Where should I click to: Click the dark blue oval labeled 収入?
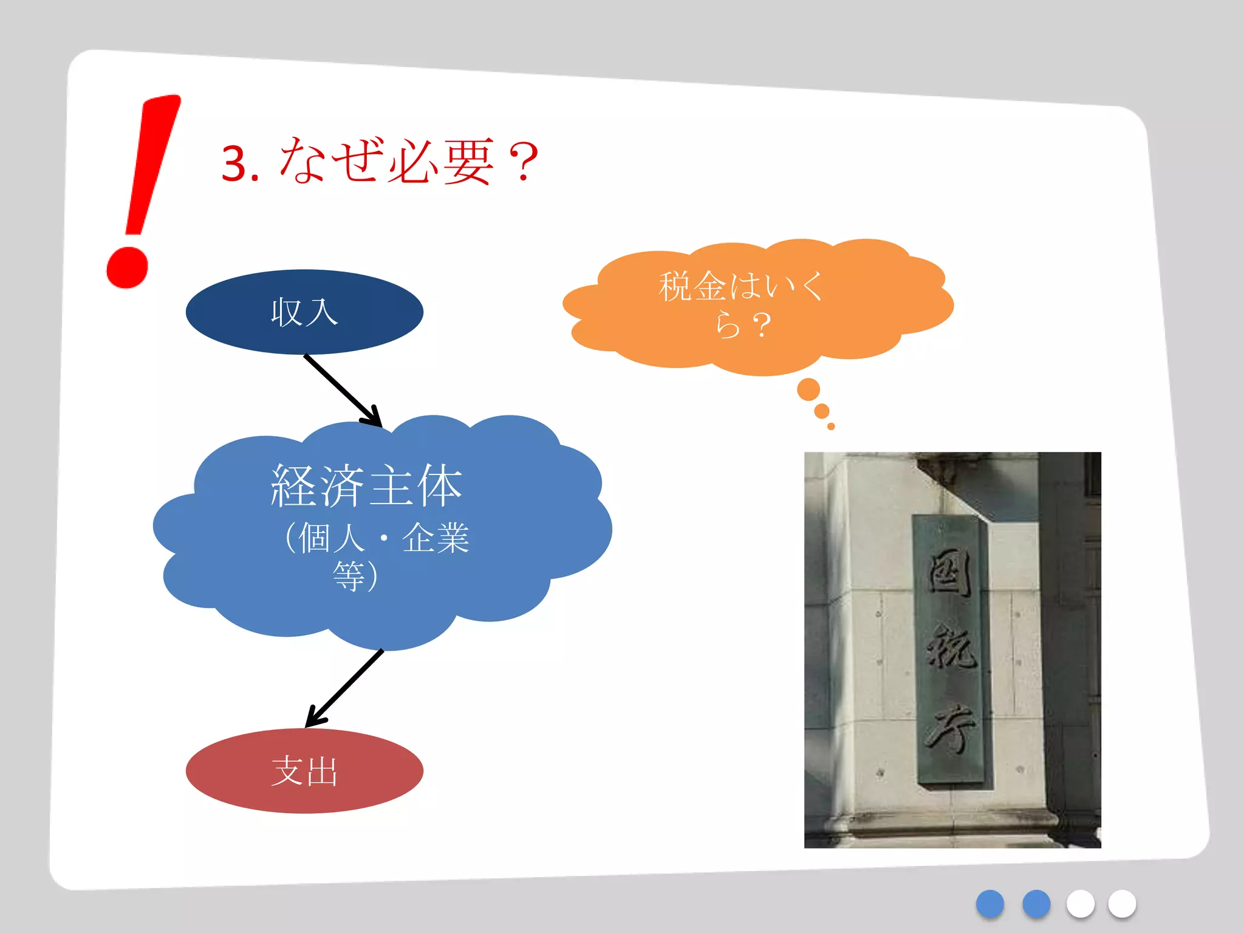pyautogui.click(x=304, y=312)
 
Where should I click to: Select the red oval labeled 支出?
pyautogui.click(x=304, y=771)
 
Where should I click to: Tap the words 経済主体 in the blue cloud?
pyautogui.click(x=366, y=485)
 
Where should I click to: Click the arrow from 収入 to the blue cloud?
pyautogui.click(x=343, y=391)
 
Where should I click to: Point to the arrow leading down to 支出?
pyautogui.click(x=344, y=688)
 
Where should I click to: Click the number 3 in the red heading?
pyautogui.click(x=234, y=164)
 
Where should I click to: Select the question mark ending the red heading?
pyautogui.click(x=523, y=162)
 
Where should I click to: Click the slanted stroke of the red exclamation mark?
pyautogui.click(x=152, y=164)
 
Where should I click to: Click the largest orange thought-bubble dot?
pyautogui.click(x=808, y=389)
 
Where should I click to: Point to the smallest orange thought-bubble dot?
pyautogui.click(x=831, y=426)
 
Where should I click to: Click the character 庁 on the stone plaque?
pyautogui.click(x=951, y=729)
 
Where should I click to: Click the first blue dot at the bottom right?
pyautogui.click(x=989, y=904)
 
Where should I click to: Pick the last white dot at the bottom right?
pyautogui.click(x=1121, y=904)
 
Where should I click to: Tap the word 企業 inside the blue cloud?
pyautogui.click(x=436, y=538)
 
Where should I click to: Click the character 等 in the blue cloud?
pyautogui.click(x=349, y=575)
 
